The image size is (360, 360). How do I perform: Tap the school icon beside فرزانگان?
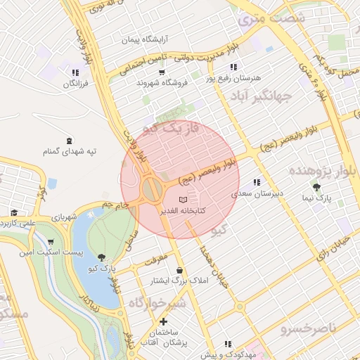75,72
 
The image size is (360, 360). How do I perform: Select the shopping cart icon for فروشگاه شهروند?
162,72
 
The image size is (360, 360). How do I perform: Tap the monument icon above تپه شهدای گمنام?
69,141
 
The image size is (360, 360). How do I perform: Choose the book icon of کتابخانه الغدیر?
184,200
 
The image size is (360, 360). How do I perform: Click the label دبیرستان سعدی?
257,191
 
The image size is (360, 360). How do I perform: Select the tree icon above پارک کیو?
103,257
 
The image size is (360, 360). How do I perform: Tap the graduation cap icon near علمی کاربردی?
13,212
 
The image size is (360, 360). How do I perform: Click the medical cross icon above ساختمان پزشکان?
164,321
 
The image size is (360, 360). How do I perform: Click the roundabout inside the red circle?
151,188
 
